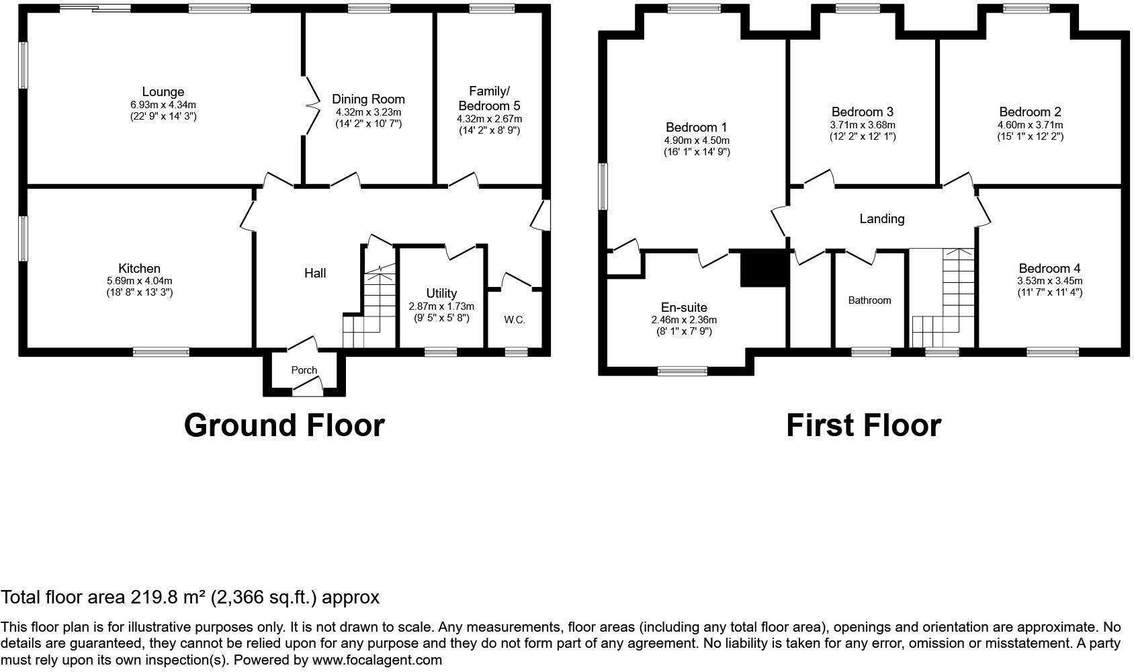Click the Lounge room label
(x=163, y=92)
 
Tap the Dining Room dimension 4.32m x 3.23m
(x=368, y=112)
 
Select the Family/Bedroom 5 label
(x=488, y=98)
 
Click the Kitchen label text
(x=139, y=268)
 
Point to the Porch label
(x=304, y=370)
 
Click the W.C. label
(x=515, y=320)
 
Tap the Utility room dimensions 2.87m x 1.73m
(x=441, y=306)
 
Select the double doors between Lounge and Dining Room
(x=312, y=105)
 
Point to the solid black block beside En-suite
(x=763, y=268)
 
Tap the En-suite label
(x=684, y=308)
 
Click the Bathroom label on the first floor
(x=869, y=300)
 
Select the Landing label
(x=881, y=218)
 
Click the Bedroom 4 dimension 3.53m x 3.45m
(x=1049, y=281)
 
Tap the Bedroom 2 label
(x=1030, y=112)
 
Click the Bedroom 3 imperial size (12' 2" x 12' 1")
(x=862, y=136)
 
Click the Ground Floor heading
(x=283, y=425)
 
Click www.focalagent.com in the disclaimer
(x=377, y=659)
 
